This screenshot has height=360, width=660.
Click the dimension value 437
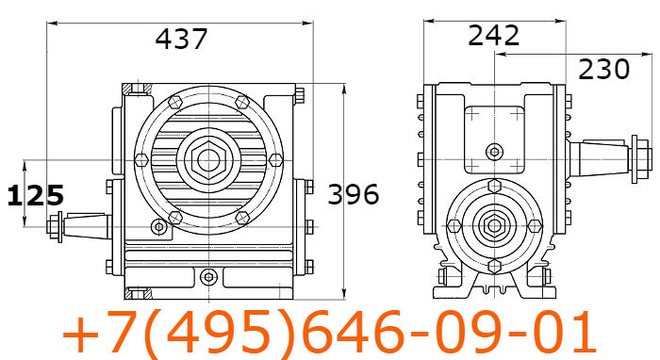(181, 39)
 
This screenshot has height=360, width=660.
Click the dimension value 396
(354, 194)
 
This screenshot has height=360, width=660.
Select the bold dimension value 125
(36, 195)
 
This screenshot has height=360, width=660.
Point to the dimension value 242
(494, 35)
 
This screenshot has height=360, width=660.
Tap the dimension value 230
(604, 70)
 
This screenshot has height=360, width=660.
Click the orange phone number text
(330, 332)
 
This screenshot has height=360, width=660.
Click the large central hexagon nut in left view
(208, 160)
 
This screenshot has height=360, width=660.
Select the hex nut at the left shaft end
(53, 227)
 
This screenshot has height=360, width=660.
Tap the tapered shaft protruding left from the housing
(87, 226)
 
